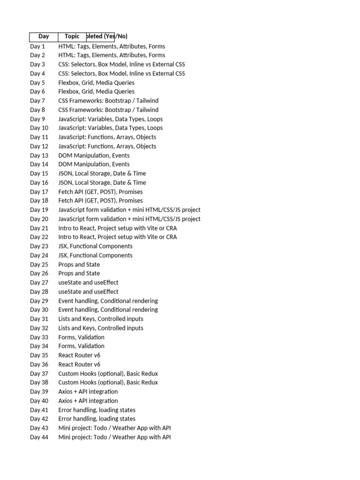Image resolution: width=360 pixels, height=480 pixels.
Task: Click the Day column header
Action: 44,37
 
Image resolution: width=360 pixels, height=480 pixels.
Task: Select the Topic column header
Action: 72,37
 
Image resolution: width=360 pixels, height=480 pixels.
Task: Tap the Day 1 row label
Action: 37,46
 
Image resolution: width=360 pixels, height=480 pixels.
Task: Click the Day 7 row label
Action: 37,101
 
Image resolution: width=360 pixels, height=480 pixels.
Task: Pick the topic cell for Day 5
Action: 96,82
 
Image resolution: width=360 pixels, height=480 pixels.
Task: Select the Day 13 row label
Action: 39,155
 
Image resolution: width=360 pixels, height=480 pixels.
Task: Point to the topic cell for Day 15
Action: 102,173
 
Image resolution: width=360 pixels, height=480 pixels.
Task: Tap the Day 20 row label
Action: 39,219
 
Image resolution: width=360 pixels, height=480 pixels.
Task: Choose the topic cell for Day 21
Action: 117,228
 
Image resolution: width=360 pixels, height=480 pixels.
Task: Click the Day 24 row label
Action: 39,255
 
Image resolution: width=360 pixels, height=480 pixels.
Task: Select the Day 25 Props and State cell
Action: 79,264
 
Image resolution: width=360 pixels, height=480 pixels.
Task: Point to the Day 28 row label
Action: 39,292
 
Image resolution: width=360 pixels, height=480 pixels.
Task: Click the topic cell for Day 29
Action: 108,301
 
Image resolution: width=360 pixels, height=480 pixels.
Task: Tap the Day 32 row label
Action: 39,328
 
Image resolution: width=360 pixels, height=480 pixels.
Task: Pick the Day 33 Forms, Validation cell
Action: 81,337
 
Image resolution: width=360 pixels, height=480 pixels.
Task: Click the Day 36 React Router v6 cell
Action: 79,364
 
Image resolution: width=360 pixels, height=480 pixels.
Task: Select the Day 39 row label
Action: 39,391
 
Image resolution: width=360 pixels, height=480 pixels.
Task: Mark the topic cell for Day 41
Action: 97,410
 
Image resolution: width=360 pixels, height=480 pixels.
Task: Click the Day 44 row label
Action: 39,437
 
